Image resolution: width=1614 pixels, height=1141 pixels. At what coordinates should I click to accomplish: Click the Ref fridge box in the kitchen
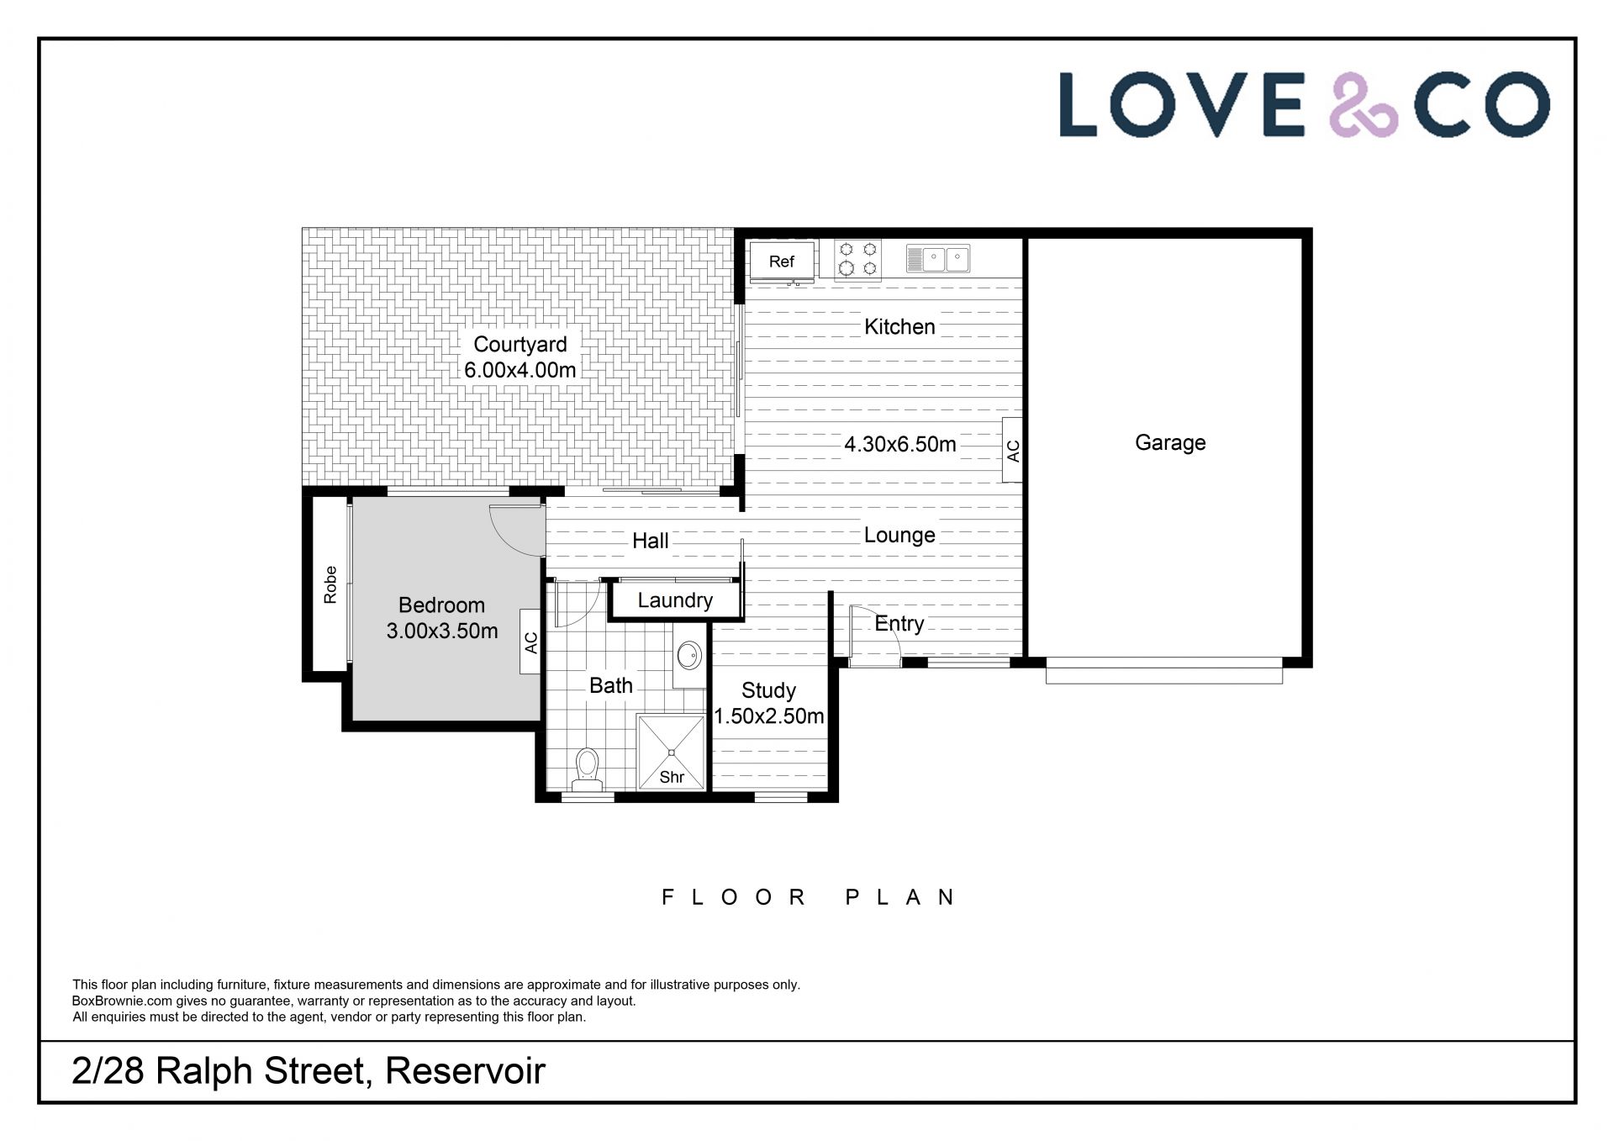pyautogui.click(x=781, y=261)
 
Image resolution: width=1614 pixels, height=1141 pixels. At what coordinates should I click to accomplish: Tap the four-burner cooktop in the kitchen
pyautogui.click(x=857, y=259)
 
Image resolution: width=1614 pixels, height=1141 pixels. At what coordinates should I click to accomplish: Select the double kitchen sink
pyautogui.click(x=938, y=258)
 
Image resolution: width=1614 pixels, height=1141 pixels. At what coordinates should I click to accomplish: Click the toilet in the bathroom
pyautogui.click(x=588, y=769)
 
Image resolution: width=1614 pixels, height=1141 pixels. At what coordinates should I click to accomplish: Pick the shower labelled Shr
pyautogui.click(x=671, y=752)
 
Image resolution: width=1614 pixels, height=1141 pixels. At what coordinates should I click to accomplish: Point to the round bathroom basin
pyautogui.click(x=689, y=655)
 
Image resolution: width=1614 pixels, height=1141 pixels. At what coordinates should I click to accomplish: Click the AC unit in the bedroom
pyautogui.click(x=530, y=642)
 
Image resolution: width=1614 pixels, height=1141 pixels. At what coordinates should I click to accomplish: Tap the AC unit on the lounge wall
pyautogui.click(x=1013, y=451)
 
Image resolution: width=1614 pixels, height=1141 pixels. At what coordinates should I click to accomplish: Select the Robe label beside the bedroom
pyautogui.click(x=330, y=584)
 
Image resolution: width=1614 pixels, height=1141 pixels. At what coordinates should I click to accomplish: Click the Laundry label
pyautogui.click(x=675, y=600)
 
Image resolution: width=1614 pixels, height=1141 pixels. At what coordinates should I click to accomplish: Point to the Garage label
pyautogui.click(x=1170, y=442)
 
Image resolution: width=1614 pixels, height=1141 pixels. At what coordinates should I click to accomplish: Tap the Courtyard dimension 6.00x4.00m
pyautogui.click(x=520, y=370)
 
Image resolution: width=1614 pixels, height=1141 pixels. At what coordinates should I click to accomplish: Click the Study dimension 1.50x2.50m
pyautogui.click(x=769, y=716)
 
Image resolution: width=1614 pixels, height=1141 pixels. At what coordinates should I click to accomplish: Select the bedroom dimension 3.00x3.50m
pyautogui.click(x=442, y=631)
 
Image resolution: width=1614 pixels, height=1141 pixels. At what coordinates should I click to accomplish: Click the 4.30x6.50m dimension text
pyautogui.click(x=900, y=444)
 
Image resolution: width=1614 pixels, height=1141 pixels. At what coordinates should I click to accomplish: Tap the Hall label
pyautogui.click(x=651, y=541)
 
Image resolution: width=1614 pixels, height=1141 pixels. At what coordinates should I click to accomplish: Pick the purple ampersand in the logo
pyautogui.click(x=1363, y=105)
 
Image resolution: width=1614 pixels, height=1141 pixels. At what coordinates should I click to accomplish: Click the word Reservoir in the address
pyautogui.click(x=465, y=1071)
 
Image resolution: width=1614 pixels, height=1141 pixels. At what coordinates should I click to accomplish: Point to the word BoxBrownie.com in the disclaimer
pyautogui.click(x=122, y=1001)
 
